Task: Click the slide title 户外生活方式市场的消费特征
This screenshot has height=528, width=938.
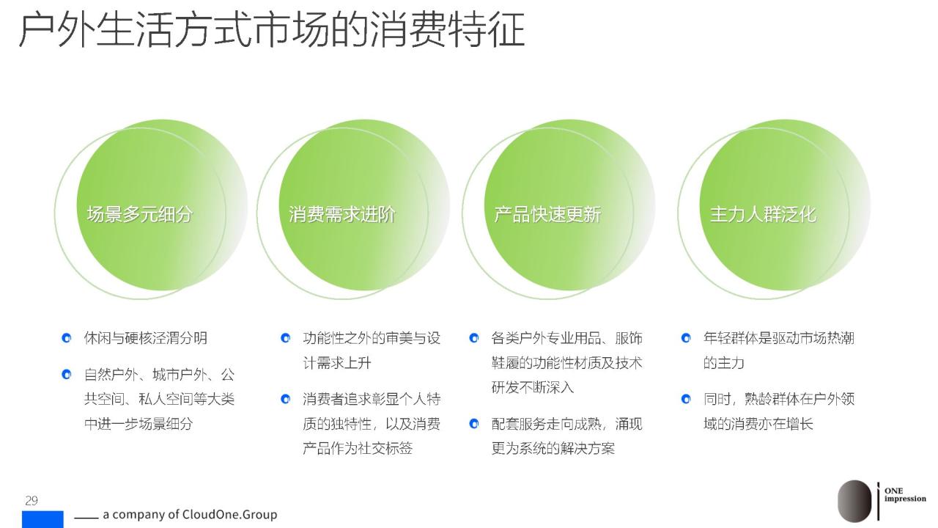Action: click(272, 29)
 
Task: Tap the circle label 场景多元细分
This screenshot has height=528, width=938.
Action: click(139, 214)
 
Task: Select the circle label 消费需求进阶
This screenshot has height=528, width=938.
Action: click(341, 214)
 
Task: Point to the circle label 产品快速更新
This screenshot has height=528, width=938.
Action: click(547, 214)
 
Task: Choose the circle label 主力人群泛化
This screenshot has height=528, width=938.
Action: click(763, 214)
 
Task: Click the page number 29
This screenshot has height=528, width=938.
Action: click(32, 500)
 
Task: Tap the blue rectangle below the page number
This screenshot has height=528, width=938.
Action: click(43, 519)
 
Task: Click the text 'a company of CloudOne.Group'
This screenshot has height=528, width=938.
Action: click(190, 514)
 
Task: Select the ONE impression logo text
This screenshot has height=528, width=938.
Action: click(905, 494)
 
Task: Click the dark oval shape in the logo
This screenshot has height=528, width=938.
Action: click(854, 501)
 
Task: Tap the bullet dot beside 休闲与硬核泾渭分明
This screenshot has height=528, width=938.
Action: click(66, 338)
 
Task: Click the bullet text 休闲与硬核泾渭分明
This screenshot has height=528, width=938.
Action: click(145, 338)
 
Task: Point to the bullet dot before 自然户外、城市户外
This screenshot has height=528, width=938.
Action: click(66, 374)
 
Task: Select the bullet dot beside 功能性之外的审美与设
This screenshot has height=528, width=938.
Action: click(285, 338)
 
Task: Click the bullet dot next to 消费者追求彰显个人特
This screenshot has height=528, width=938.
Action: click(285, 399)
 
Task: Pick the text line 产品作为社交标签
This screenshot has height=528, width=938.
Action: click(358, 448)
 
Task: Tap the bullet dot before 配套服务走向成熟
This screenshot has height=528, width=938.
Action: click(473, 424)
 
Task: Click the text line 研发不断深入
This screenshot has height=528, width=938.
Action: click(532, 386)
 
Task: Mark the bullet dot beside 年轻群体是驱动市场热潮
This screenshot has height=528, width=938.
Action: click(686, 338)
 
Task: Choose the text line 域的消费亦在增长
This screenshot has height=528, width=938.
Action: click(758, 424)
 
